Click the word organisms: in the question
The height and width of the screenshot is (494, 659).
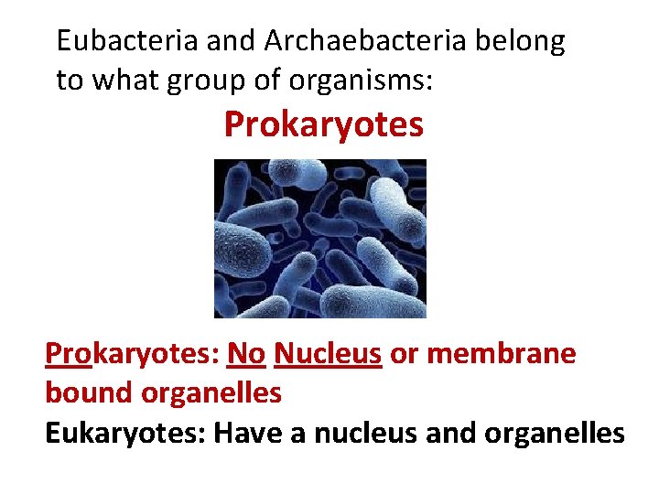point(362,81)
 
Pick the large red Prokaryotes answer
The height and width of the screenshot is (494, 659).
point(324,125)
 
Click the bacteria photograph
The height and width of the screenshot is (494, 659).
point(319,239)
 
